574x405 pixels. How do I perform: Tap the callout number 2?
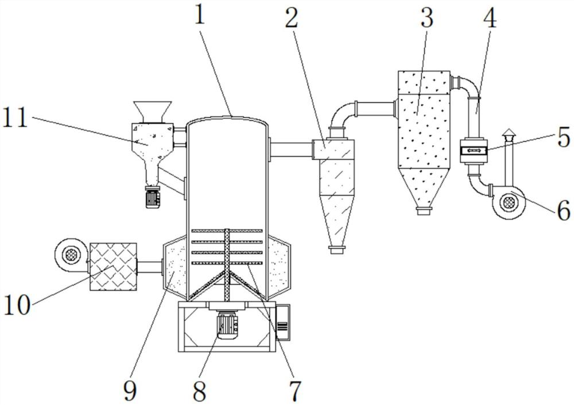(292, 18)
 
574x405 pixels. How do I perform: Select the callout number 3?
(426, 18)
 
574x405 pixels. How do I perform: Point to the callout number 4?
(489, 18)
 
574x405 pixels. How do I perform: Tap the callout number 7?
(295, 391)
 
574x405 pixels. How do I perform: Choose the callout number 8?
(200, 391)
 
